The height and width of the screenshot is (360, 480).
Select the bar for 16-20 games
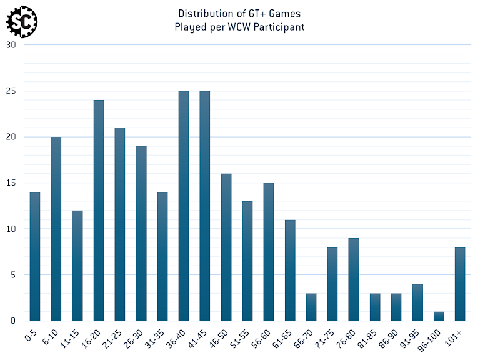coord(99,211)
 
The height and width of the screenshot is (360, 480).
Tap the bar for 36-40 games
coord(184,206)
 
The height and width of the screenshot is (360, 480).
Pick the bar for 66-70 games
coord(311,307)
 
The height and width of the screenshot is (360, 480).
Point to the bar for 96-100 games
coord(439,316)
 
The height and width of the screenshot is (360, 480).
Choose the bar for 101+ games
coord(460,284)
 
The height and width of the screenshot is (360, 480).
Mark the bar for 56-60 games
coord(269,252)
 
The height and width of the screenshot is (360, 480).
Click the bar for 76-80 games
coord(354,279)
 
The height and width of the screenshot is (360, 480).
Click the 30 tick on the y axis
coord(11,45)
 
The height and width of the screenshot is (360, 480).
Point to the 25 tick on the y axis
coord(11,91)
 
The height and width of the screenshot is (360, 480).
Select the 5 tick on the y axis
coord(14,275)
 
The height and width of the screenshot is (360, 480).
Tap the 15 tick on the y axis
coord(11,183)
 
